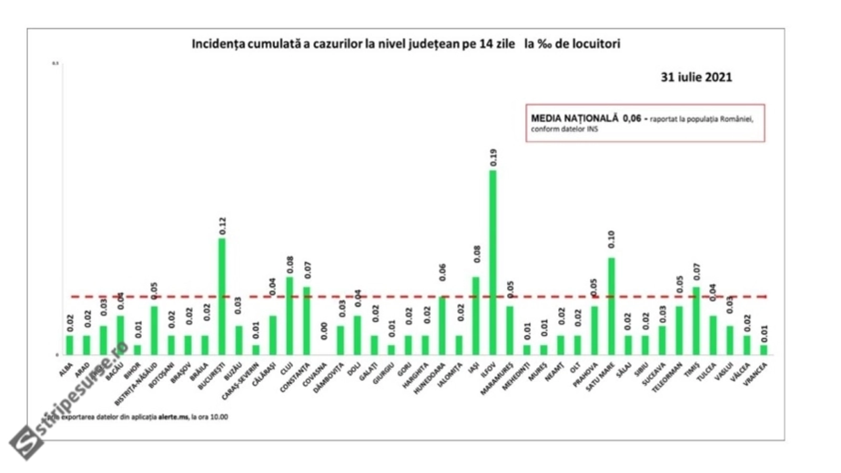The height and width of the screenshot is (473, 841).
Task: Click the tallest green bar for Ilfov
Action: coord(493,263)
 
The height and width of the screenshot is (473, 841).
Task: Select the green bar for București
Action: coord(222,297)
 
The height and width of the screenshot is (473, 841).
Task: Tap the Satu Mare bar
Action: coord(611,306)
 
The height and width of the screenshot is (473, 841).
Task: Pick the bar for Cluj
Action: coord(289,316)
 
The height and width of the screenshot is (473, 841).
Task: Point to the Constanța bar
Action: coord(306,321)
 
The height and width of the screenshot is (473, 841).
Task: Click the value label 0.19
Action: coord(493,158)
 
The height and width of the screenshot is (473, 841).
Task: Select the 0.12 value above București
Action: coord(222,226)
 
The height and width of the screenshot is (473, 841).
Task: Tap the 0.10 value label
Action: coord(611,240)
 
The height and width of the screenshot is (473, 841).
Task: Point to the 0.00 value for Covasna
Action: coord(324,331)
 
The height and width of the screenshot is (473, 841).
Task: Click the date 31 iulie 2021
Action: coord(696,77)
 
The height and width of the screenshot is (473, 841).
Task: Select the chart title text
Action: coord(406,44)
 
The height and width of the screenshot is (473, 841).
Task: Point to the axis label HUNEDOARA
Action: coord(429,379)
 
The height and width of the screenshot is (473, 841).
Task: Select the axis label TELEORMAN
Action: coord(667,378)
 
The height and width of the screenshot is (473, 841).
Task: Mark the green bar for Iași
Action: coord(476,316)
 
